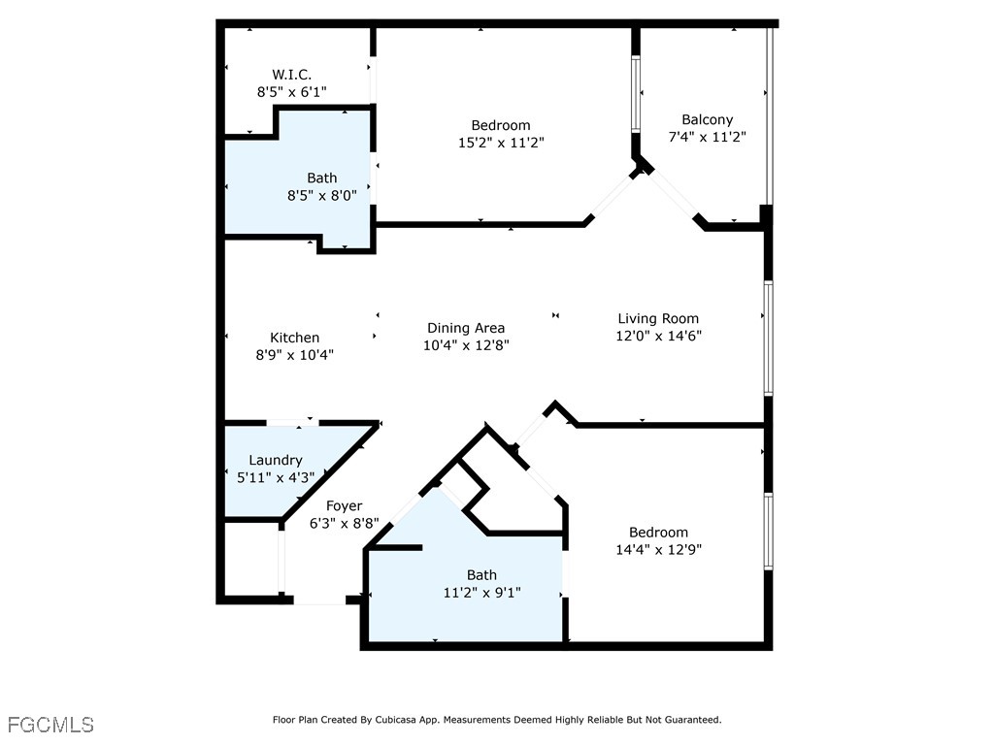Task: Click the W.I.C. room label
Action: tap(291, 74)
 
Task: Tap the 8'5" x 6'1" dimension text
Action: tap(291, 92)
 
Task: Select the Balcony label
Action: tap(707, 119)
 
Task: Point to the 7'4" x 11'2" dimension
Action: tap(707, 138)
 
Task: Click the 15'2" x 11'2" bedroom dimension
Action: tap(501, 143)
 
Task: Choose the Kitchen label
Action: tap(294, 338)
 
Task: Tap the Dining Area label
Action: tap(466, 328)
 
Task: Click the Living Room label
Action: tap(658, 318)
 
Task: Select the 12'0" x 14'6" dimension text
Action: tap(658, 337)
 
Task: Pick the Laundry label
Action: tap(276, 460)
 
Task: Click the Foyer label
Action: tap(344, 505)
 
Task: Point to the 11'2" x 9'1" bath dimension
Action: tap(481, 593)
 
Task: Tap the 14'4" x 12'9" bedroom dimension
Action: tap(658, 550)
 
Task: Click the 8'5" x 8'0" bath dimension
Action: tap(322, 195)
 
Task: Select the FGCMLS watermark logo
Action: tap(50, 725)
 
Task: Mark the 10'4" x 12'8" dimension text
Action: tap(466, 345)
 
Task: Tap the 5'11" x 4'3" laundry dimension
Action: tap(276, 477)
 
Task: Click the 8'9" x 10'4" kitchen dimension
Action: tap(294, 355)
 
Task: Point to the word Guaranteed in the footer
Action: tap(691, 720)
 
